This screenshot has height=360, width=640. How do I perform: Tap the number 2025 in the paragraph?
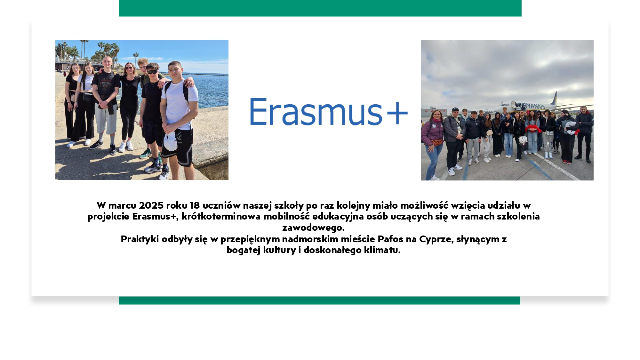(151, 205)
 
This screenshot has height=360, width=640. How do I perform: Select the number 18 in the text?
(195, 205)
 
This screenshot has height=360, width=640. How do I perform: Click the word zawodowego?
(313, 228)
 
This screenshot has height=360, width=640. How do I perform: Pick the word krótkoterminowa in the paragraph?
(221, 216)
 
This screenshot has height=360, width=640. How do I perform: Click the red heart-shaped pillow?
(533, 128)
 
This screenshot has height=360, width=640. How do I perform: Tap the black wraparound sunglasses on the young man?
(153, 72)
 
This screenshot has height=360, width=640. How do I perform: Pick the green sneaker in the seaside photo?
(146, 154)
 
